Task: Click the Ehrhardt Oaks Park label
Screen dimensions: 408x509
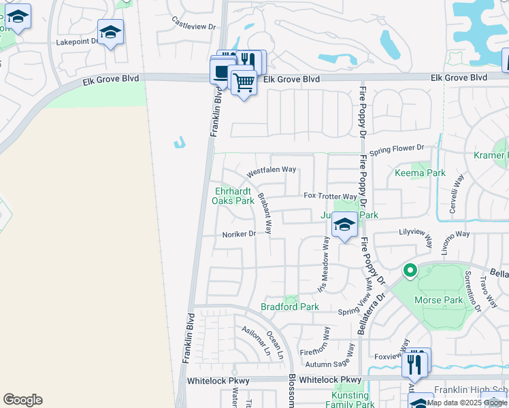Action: pos(235,196)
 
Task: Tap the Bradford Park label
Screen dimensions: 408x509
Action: pos(290,307)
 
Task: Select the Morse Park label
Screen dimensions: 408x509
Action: pos(443,300)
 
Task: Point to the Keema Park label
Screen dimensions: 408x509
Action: pos(420,173)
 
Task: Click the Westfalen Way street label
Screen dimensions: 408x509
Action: pos(271,169)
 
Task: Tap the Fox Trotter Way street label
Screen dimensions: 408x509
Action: pos(330,196)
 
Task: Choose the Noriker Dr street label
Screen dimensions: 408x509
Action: pos(238,233)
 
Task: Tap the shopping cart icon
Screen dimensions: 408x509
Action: pos(244,84)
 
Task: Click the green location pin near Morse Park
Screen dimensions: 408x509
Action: pos(410,271)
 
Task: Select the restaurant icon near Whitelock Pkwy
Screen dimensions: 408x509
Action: pos(415,364)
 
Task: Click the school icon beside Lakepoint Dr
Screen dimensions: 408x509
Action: pos(110,32)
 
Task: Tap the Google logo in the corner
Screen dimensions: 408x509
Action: pos(22,400)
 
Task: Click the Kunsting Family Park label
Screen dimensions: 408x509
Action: pos(349,399)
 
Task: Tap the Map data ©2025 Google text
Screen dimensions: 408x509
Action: pos(467,403)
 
